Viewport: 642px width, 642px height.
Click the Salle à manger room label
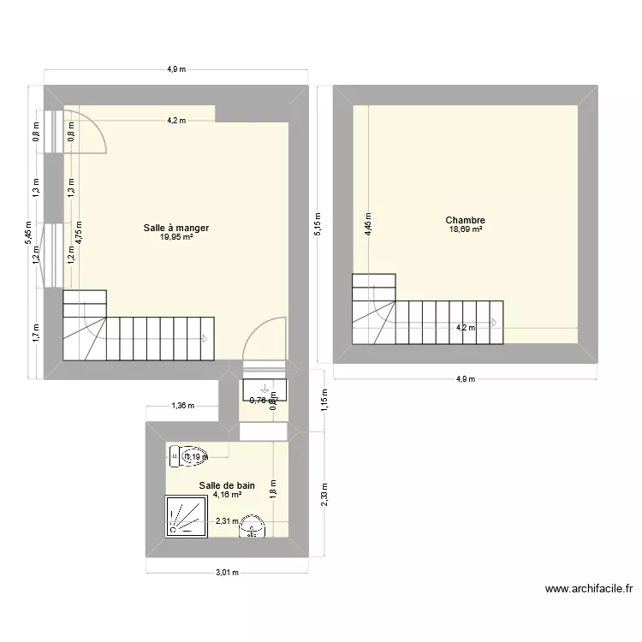point(175,228)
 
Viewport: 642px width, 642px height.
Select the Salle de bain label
point(227,485)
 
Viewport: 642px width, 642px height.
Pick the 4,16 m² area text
point(227,495)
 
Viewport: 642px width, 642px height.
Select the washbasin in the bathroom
point(253,526)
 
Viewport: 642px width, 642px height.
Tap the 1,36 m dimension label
point(183,406)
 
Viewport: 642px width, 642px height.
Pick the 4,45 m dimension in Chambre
point(368,224)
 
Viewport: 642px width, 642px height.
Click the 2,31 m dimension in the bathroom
point(227,521)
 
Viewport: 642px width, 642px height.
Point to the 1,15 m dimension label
point(324,401)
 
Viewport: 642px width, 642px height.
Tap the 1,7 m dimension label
point(36,331)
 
